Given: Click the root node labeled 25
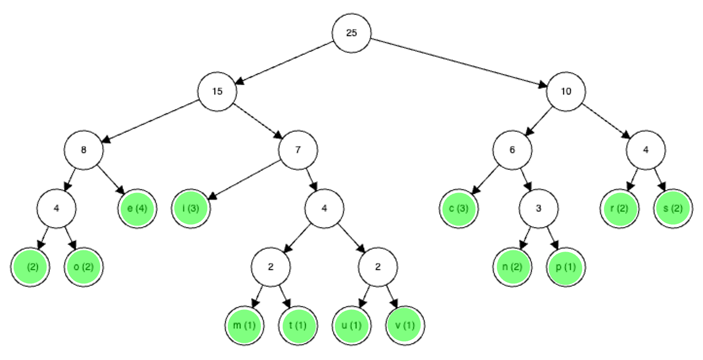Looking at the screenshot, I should pyautogui.click(x=351, y=33).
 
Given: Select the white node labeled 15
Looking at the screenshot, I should pyautogui.click(x=217, y=91).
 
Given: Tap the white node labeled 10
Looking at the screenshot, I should pyautogui.click(x=566, y=91).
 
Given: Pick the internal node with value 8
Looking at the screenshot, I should pyautogui.click(x=84, y=150).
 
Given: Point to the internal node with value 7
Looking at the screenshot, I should pyautogui.click(x=298, y=150).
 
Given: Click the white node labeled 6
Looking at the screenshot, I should pyautogui.click(x=512, y=150).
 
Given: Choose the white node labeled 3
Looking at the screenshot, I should pyautogui.click(x=539, y=209).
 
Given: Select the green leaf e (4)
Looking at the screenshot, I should pyautogui.click(x=137, y=209).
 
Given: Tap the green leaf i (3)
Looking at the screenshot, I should pyautogui.click(x=191, y=209).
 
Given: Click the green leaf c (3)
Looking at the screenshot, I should pyautogui.click(x=459, y=209).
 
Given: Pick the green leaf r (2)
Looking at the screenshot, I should pyautogui.click(x=619, y=209).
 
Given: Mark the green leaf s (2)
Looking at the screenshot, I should pyautogui.click(x=673, y=209).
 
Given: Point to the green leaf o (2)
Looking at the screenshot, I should pyautogui.click(x=84, y=267).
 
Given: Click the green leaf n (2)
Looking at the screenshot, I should pyautogui.click(x=512, y=267).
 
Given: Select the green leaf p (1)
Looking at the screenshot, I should pyautogui.click(x=566, y=267).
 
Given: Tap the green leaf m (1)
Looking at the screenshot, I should pyautogui.click(x=244, y=326).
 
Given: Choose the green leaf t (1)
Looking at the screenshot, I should pyautogui.click(x=298, y=326).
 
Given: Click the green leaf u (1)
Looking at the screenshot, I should pyautogui.click(x=351, y=326).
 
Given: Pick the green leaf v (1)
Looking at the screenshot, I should pyautogui.click(x=405, y=326).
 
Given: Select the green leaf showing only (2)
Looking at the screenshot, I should pyautogui.click(x=30, y=267).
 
